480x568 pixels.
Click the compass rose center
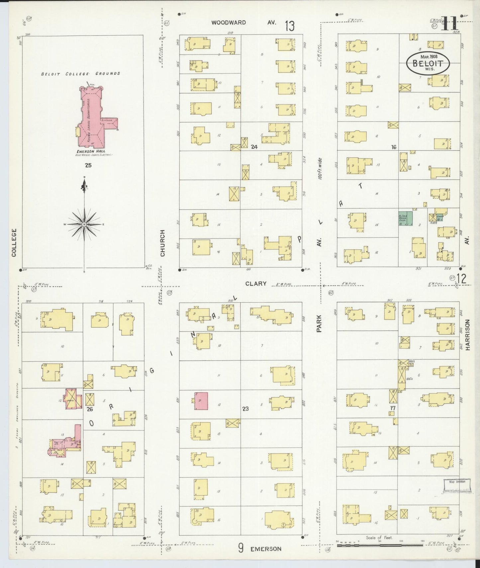point(84,225)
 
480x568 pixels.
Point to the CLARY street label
point(256,283)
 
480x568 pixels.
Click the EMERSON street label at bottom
point(266,549)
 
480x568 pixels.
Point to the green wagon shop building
point(405,218)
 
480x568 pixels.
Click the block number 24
point(254,147)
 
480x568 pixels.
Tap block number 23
point(245,409)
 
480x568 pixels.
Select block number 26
point(90,409)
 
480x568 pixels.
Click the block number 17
point(393,408)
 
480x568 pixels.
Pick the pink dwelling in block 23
point(201,401)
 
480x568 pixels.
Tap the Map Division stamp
point(457,486)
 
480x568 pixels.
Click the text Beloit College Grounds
point(80,73)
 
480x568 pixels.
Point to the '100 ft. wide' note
point(320,169)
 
